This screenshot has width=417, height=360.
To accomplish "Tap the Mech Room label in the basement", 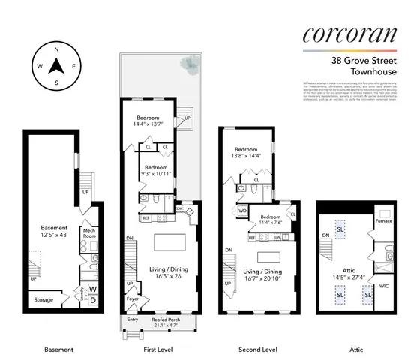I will [x=90, y=233].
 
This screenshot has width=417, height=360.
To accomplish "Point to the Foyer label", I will [x=132, y=298].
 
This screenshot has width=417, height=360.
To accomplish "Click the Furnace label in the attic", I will [x=383, y=221].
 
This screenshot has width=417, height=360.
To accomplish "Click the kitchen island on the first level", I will [x=169, y=242].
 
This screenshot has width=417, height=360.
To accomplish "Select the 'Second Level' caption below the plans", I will [x=257, y=349].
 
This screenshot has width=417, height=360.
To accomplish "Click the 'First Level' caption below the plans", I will [x=157, y=349].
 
